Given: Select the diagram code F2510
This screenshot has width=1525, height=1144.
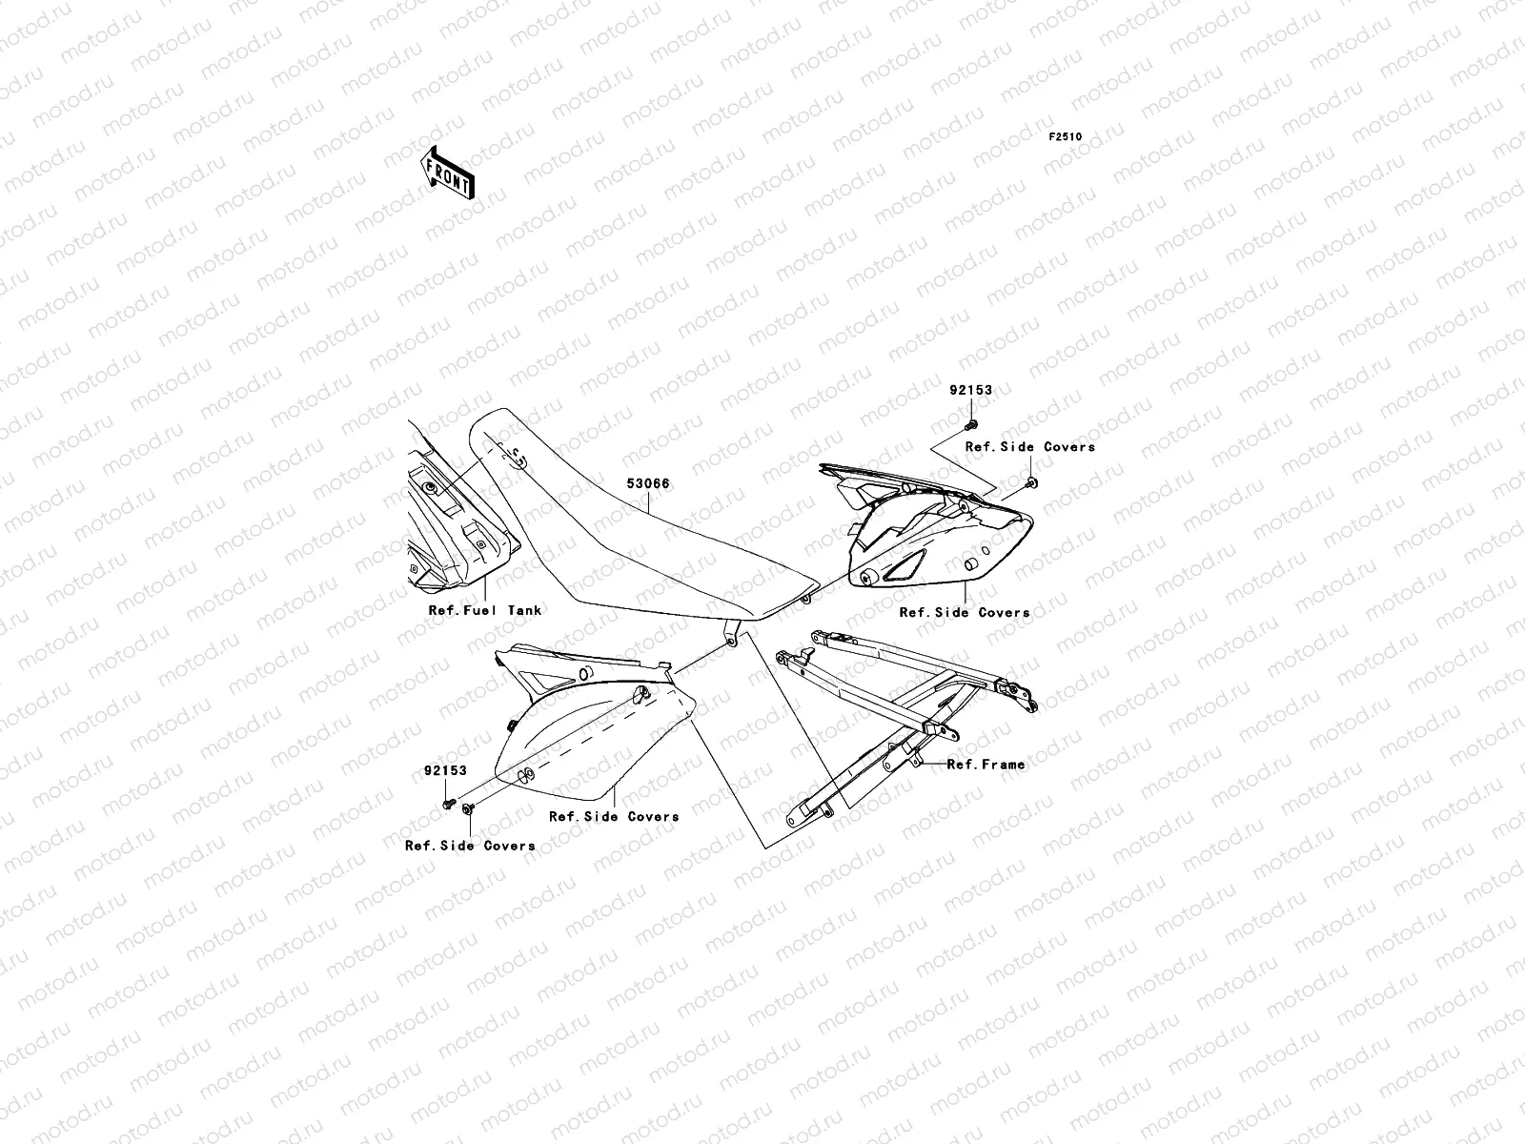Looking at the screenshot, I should pyautogui.click(x=1066, y=137).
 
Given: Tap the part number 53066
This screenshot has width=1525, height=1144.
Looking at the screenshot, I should pyautogui.click(x=647, y=484).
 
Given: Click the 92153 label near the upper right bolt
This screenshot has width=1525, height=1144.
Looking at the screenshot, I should pyautogui.click(x=970, y=390).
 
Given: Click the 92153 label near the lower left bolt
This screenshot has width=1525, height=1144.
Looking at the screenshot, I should pyautogui.click(x=446, y=771).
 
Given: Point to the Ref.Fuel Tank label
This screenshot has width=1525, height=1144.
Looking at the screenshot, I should pyautogui.click(x=484, y=610).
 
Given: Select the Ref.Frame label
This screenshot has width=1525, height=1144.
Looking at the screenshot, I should pyautogui.click(x=986, y=764).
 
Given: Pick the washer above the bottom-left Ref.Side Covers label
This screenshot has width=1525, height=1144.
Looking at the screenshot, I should pyautogui.click(x=467, y=808).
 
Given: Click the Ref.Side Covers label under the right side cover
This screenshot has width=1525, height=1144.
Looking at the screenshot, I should pyautogui.click(x=965, y=612).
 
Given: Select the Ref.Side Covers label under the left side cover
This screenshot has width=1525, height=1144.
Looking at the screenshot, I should pyautogui.click(x=614, y=816).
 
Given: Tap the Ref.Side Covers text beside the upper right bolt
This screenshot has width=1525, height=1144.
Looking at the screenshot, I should pyautogui.click(x=1030, y=446).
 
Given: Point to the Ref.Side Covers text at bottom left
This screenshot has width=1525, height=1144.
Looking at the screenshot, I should pyautogui.click(x=470, y=845).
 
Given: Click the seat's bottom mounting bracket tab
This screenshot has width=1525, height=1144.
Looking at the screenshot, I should pyautogui.click(x=730, y=631).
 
